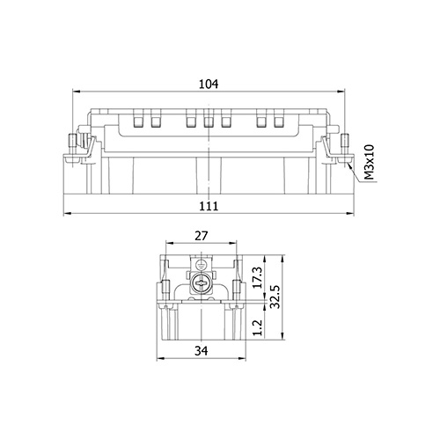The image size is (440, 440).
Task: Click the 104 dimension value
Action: pos(209,84)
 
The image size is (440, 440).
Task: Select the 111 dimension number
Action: pos(209,206)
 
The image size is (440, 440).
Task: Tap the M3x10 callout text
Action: pos(369,162)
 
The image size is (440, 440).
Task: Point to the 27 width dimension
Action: pos(202,236)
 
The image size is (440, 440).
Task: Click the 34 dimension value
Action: pos(202,350)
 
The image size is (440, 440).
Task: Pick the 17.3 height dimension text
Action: pos(257,277)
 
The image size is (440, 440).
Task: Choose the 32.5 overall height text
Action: pos(275,297)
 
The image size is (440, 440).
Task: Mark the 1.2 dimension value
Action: pos(257,327)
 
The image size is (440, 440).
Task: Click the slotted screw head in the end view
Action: pos(201,283)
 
